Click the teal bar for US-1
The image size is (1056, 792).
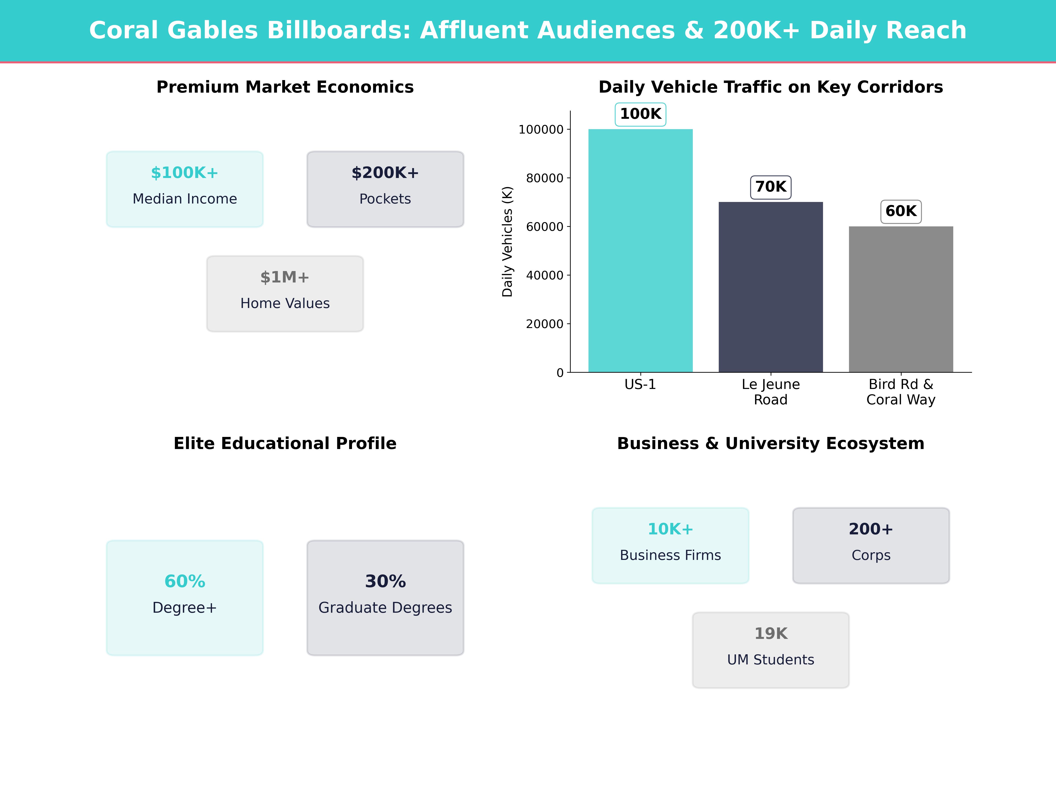[640, 251]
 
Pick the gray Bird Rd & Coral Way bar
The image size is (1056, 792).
[901, 299]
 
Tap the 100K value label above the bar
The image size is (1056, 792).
[640, 114]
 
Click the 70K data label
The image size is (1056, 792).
[770, 187]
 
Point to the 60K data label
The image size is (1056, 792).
[901, 211]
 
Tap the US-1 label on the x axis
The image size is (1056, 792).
[640, 384]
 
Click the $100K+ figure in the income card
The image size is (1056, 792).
[185, 173]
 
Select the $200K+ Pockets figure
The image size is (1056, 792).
[385, 173]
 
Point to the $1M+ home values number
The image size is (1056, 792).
[285, 277]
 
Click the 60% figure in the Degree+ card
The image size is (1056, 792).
[185, 581]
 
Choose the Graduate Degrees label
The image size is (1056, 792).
[385, 608]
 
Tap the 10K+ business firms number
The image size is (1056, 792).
[670, 530]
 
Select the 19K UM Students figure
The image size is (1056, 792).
[770, 634]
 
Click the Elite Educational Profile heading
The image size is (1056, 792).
[285, 444]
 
